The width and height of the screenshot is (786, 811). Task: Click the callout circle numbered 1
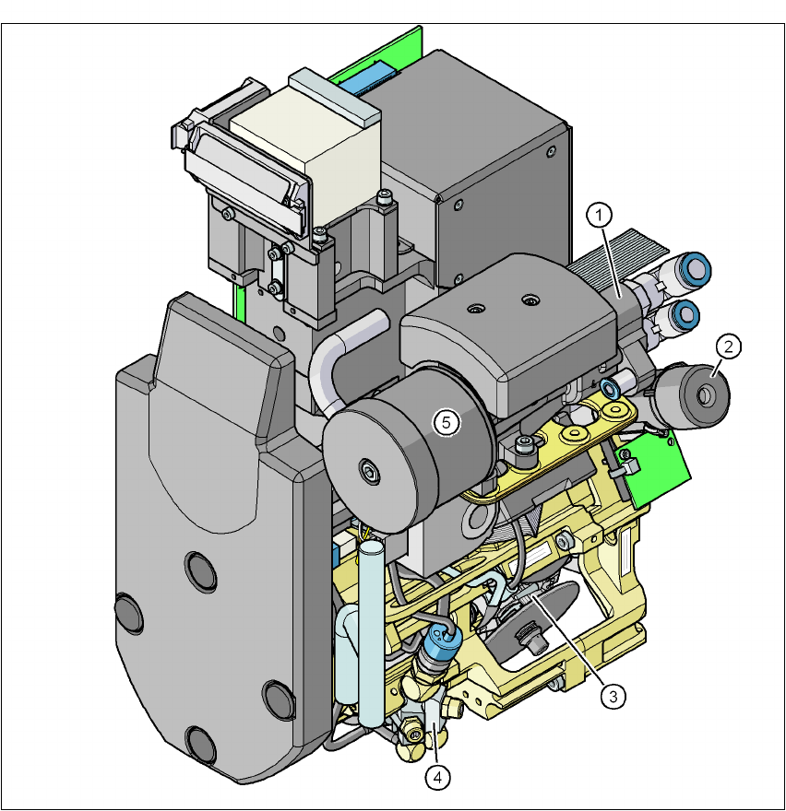pos(600,215)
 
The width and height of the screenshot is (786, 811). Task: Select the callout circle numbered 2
pos(729,347)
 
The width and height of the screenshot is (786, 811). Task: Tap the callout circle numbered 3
pos(613,696)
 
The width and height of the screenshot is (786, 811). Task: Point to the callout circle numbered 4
pos(437,778)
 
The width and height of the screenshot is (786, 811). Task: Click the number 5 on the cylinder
pos(447,423)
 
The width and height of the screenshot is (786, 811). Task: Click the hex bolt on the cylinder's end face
pos(369,471)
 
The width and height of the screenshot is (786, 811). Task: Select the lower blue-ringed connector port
pos(685,313)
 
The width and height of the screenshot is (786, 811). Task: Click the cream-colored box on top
pos(305,154)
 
